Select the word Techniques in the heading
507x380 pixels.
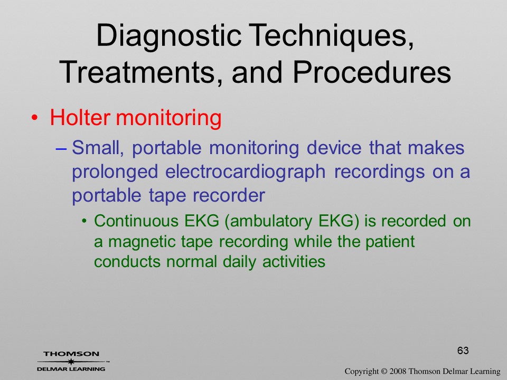[331, 35]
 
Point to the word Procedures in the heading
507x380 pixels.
[371, 72]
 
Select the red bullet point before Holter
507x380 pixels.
[34, 118]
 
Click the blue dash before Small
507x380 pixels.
[61, 149]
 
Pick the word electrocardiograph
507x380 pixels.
[245, 172]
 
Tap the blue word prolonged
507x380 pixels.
[115, 172]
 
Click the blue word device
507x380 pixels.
[334, 148]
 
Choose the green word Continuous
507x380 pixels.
[136, 221]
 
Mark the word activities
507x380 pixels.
[294, 261]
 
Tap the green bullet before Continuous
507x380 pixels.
[84, 222]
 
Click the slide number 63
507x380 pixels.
[463, 350]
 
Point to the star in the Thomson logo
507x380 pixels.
[71, 362]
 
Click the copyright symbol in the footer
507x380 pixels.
[384, 372]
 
